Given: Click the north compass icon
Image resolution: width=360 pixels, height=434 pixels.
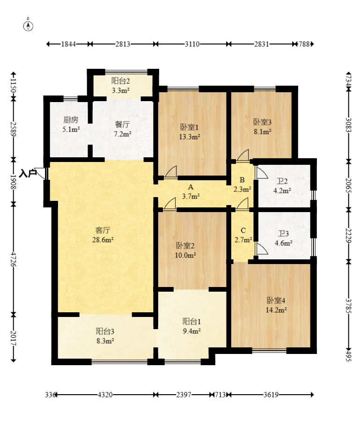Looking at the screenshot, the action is [x=28, y=25].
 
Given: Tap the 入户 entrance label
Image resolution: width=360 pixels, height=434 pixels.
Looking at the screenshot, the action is [x=28, y=174].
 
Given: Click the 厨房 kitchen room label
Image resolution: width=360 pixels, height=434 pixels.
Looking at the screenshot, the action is [x=71, y=120].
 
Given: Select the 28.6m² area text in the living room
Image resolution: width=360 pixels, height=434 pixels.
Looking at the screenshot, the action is [x=103, y=240].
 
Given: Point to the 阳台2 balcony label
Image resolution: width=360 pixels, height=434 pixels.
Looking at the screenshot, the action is [x=120, y=81].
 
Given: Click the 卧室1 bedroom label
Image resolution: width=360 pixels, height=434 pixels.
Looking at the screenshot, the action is [x=189, y=127].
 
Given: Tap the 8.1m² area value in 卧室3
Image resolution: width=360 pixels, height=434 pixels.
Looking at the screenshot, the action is [x=263, y=132].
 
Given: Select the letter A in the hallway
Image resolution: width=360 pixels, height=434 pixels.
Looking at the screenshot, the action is [x=191, y=187].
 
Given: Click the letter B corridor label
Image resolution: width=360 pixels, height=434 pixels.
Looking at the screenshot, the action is [x=242, y=180].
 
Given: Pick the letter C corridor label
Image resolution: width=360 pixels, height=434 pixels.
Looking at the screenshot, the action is [x=243, y=230].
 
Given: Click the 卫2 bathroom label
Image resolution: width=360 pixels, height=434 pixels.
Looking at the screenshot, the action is [x=282, y=181].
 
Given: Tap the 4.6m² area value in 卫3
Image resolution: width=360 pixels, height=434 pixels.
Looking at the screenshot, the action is [x=284, y=243].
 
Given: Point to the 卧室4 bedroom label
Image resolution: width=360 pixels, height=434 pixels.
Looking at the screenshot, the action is [x=276, y=300].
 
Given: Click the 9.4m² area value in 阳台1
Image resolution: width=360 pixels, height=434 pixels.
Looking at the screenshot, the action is [x=192, y=331].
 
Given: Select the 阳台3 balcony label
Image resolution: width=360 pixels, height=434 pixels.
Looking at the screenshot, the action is [x=105, y=331].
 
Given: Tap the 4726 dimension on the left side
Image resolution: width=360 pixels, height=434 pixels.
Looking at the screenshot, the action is [x=13, y=259].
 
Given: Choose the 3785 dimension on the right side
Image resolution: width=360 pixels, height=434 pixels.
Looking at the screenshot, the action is [x=348, y=306].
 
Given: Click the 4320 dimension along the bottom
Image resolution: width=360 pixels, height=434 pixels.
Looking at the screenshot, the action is [x=105, y=395].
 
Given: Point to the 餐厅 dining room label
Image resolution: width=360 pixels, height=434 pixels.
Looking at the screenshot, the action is [x=122, y=124].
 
